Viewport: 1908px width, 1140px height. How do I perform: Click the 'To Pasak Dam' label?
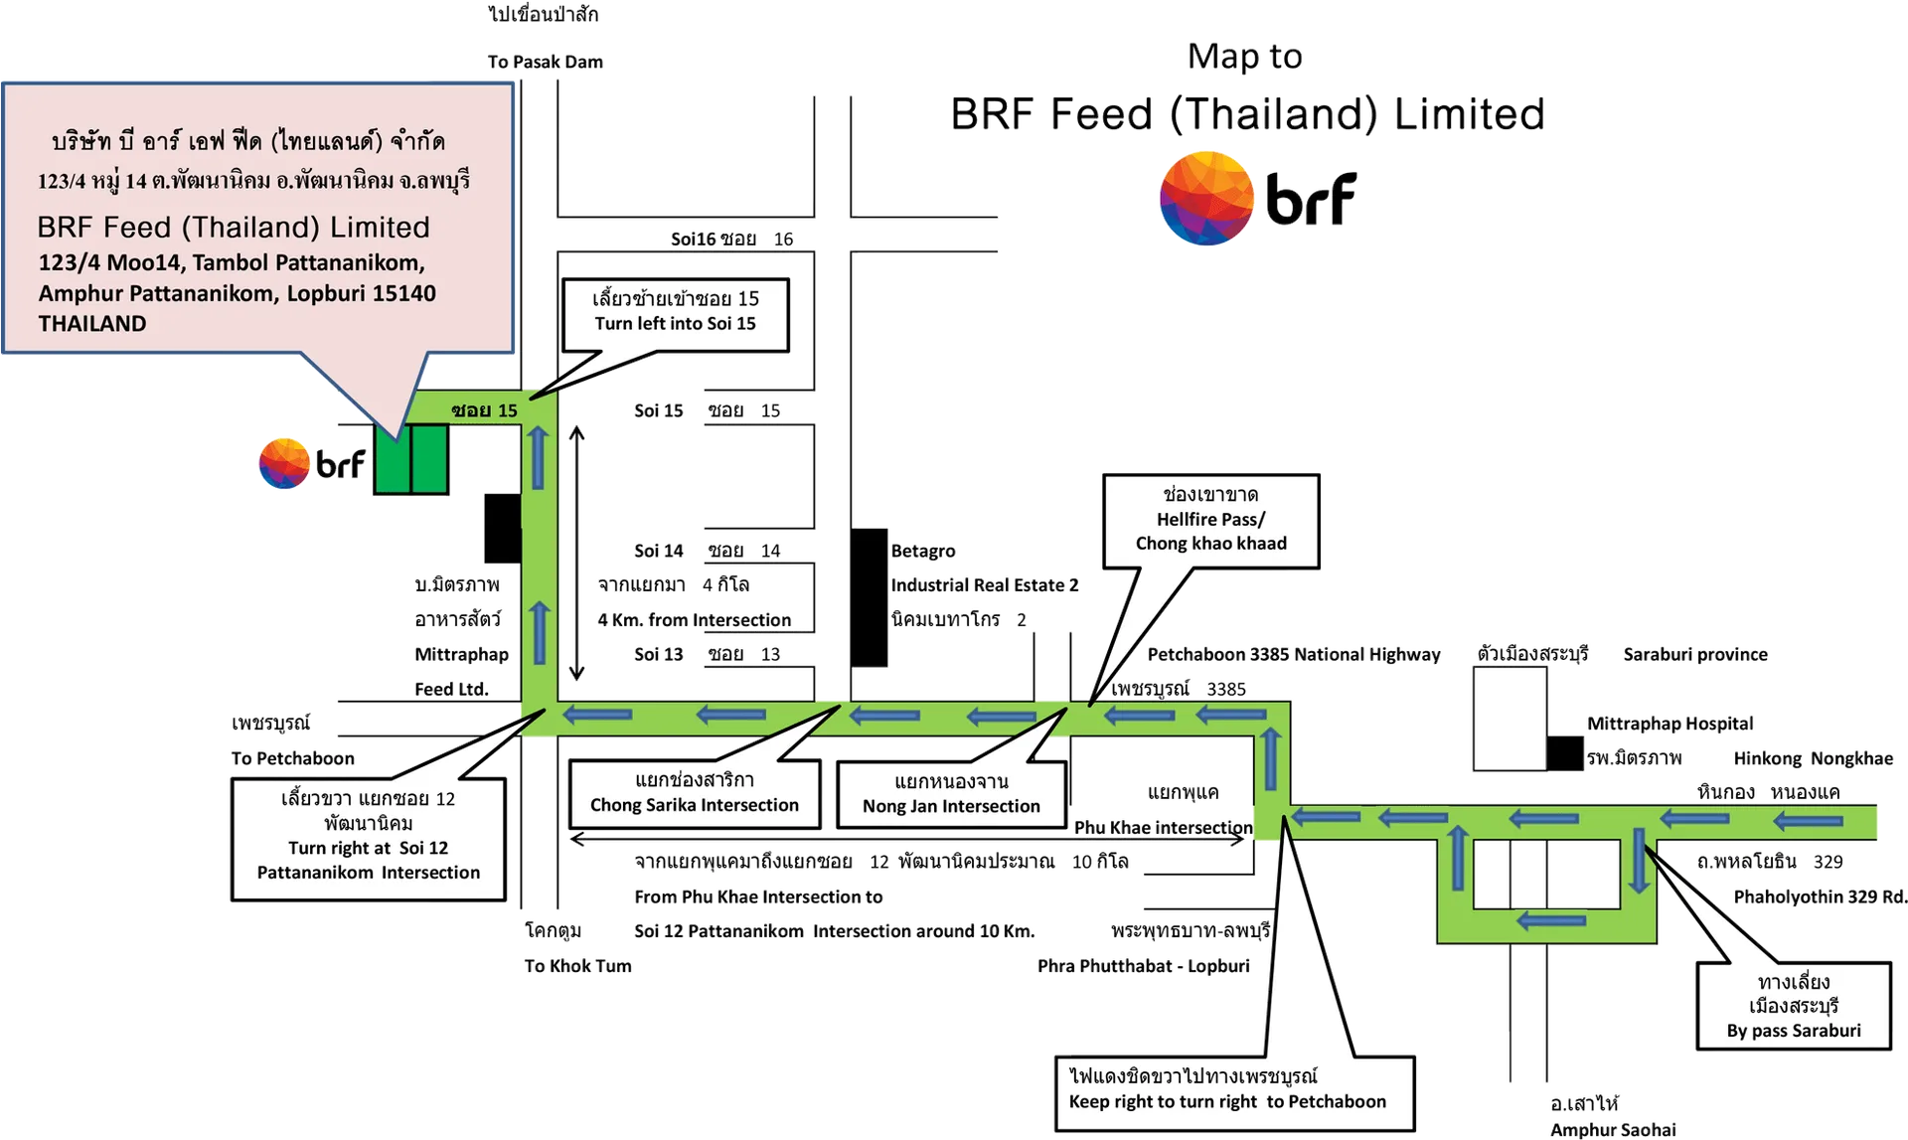pyautogui.click(x=545, y=62)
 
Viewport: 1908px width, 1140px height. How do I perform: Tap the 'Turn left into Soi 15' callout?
pyautogui.click(x=676, y=316)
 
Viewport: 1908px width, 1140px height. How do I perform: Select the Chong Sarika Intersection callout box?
pyautogui.click(x=695, y=794)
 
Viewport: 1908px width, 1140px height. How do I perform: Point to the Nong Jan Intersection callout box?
pyautogui.click(x=951, y=794)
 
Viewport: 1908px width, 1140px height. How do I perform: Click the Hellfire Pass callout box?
pyautogui.click(x=1210, y=521)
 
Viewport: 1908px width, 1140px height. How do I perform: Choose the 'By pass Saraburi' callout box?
pyautogui.click(x=1793, y=1005)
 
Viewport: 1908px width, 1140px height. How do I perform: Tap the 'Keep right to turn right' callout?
pyautogui.click(x=1234, y=1093)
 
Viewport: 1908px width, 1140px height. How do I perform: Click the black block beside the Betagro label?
pyautogui.click(x=869, y=597)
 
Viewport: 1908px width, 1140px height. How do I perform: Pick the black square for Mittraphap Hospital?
pyautogui.click(x=1565, y=753)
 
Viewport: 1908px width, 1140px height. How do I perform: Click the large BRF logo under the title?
pyautogui.click(x=1257, y=198)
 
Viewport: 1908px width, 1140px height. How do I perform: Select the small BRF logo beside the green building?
pyautogui.click(x=312, y=463)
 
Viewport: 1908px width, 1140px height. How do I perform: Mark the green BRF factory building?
pyautogui.click(x=410, y=458)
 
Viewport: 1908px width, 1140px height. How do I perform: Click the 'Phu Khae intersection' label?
pyautogui.click(x=1163, y=827)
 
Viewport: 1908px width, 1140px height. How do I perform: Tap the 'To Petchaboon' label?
pyautogui.click(x=292, y=758)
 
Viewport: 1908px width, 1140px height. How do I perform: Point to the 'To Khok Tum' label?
pyautogui.click(x=577, y=966)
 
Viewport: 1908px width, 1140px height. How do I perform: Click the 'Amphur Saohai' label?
pyautogui.click(x=1612, y=1129)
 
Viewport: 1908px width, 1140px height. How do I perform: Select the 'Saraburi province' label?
pyautogui.click(x=1695, y=654)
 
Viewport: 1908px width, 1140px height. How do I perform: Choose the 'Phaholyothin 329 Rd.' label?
pyautogui.click(x=1821, y=896)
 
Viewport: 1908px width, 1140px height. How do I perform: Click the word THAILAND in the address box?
pyautogui.click(x=92, y=323)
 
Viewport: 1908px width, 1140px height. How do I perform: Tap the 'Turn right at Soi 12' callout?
pyautogui.click(x=369, y=840)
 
